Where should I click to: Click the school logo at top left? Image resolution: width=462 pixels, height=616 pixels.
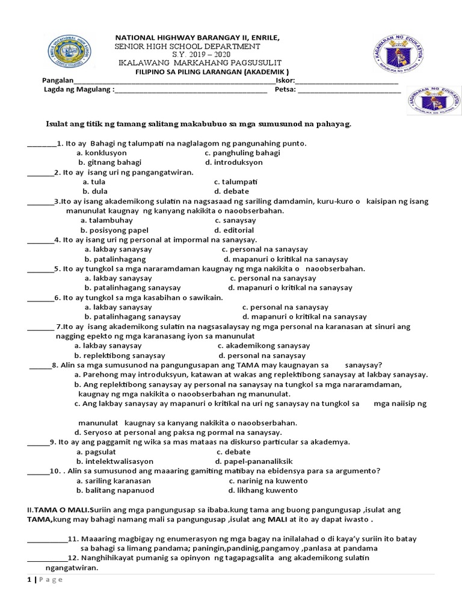(71, 55)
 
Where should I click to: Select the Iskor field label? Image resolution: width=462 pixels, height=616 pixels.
(285, 81)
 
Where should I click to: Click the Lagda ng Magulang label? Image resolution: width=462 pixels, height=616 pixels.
(78, 91)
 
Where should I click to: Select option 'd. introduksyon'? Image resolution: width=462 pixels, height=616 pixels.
(233, 162)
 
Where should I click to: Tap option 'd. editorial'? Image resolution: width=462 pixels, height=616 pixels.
(235, 230)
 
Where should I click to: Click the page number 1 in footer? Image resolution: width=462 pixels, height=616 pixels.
(29, 579)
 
